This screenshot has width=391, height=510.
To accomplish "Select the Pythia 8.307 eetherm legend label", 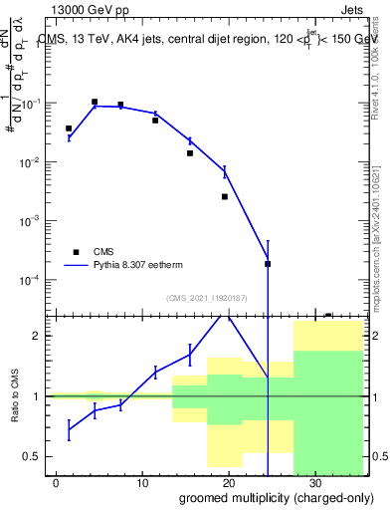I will (146, 266).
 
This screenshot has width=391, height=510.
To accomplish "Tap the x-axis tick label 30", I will (314, 483).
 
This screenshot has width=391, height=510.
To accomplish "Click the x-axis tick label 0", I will (57, 483).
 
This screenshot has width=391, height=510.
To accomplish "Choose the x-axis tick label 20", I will (229, 483).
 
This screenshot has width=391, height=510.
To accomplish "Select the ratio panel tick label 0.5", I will (34, 456).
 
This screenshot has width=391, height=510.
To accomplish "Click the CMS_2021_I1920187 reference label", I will (208, 298).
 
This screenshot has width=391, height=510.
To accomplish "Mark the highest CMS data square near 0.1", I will (95, 102).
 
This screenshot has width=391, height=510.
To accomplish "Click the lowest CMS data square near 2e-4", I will (268, 264).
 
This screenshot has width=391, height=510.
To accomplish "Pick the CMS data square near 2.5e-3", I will (225, 196).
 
